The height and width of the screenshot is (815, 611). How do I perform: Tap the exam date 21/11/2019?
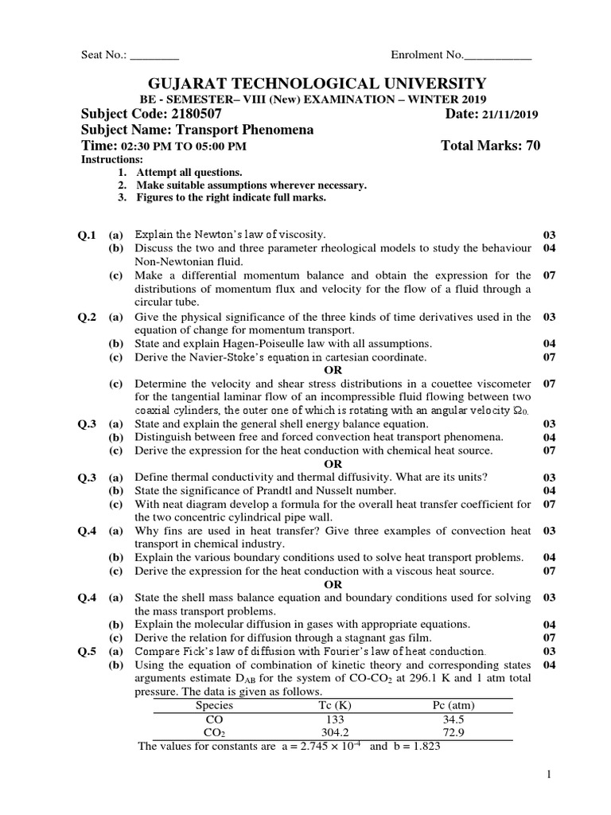click(x=510, y=115)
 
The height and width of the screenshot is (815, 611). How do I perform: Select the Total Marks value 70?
click(x=532, y=146)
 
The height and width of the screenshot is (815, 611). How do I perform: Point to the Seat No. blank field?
click(x=154, y=56)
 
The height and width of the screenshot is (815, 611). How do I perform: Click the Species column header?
click(x=214, y=705)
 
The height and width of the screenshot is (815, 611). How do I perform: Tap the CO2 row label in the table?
click(x=215, y=732)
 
